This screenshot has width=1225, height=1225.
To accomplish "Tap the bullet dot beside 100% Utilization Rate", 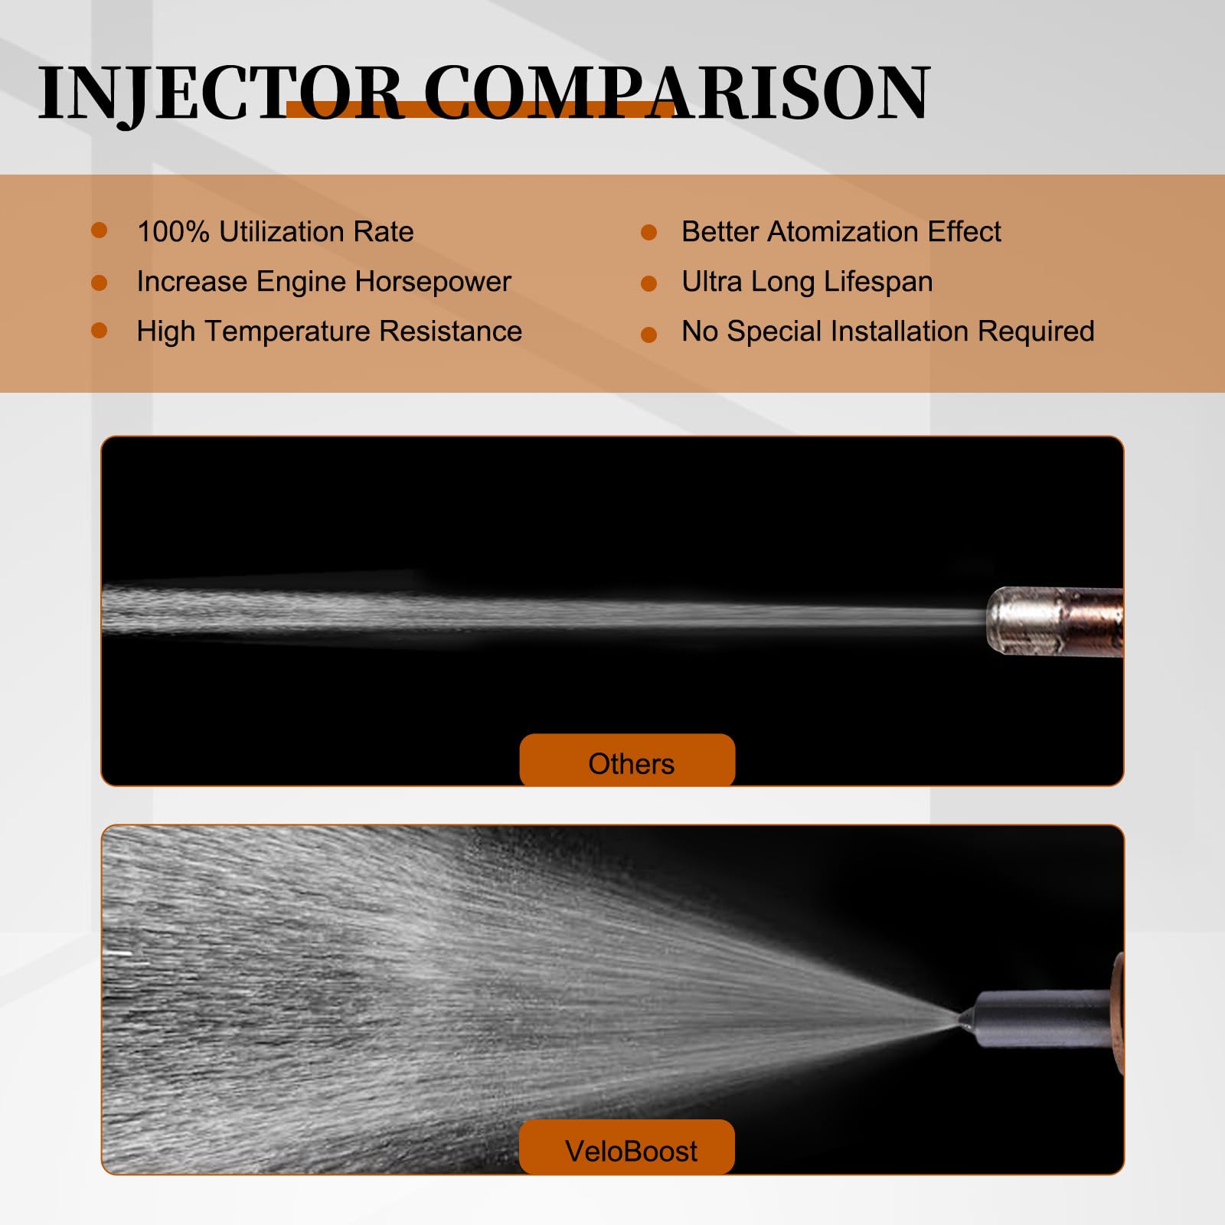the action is [99, 230].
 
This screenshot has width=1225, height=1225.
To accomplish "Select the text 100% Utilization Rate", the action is [275, 231].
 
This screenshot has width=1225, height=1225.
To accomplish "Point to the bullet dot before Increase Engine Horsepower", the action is [99, 283].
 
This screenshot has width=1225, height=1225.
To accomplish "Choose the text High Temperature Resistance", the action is [329, 332].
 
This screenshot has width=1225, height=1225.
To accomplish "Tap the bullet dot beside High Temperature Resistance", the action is [99, 330].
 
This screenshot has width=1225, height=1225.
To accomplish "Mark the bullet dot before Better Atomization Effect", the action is [648, 232].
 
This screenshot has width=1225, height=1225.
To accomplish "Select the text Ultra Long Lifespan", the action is [807, 282].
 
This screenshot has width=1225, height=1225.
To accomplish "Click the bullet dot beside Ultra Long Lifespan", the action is [648, 284].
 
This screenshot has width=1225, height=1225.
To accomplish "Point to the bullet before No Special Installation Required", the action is [648, 335].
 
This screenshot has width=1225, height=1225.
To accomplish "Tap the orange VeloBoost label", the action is [627, 1146].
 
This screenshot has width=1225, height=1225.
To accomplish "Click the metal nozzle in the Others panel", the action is [1054, 621].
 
